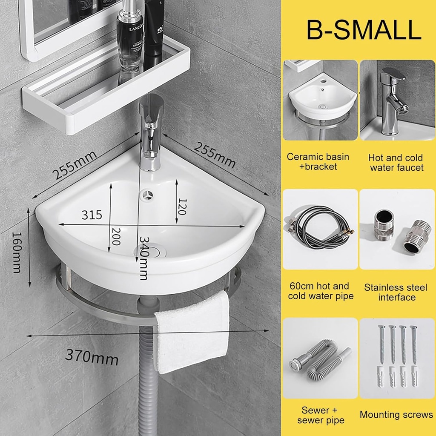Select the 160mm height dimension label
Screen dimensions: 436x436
click(17, 252)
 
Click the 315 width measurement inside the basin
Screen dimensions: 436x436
click(92, 215)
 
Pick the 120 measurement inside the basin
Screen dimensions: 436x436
click(183, 207)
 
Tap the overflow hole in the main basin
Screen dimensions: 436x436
click(148, 195)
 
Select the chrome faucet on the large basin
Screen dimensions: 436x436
click(151, 132)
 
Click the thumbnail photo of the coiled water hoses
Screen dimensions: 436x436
click(320, 229)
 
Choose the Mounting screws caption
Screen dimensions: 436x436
click(396, 415)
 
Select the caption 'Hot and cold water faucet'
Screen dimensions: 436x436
click(396, 163)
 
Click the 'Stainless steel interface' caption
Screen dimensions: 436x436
click(396, 292)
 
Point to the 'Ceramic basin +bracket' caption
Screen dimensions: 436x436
click(318, 161)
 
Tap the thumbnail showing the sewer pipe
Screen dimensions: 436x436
click(320, 358)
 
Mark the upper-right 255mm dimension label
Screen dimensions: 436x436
click(215, 154)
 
